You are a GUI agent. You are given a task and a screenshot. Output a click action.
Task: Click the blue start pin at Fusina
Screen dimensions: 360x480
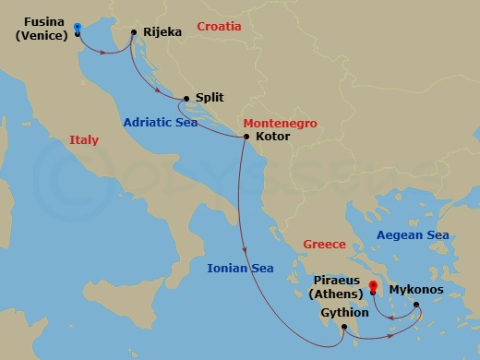(x=77, y=30)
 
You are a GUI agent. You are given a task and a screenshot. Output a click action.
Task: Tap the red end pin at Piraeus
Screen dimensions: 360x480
(x=373, y=288)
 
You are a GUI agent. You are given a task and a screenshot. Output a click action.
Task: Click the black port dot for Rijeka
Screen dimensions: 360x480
(x=134, y=33)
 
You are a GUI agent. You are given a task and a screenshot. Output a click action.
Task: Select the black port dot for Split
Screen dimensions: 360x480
(x=186, y=98)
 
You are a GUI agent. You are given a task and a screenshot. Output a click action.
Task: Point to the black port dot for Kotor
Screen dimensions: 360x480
(x=246, y=138)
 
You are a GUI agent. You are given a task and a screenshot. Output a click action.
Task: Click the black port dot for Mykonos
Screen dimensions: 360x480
(x=415, y=305)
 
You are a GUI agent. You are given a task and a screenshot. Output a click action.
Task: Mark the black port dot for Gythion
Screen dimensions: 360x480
(x=342, y=327)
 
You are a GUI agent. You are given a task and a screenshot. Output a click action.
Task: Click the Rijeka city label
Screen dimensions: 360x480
(x=163, y=32)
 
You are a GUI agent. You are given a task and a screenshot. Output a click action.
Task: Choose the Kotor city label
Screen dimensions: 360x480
(x=272, y=137)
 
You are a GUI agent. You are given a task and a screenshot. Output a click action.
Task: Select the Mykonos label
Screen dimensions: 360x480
(x=415, y=289)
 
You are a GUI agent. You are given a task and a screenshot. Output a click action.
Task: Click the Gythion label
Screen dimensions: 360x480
(x=344, y=312)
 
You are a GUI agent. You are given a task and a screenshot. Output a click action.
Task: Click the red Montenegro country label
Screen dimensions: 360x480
(x=280, y=123)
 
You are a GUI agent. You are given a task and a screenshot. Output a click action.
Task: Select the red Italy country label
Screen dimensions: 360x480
(x=83, y=140)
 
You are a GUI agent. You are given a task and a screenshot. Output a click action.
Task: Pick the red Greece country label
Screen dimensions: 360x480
(x=324, y=245)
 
